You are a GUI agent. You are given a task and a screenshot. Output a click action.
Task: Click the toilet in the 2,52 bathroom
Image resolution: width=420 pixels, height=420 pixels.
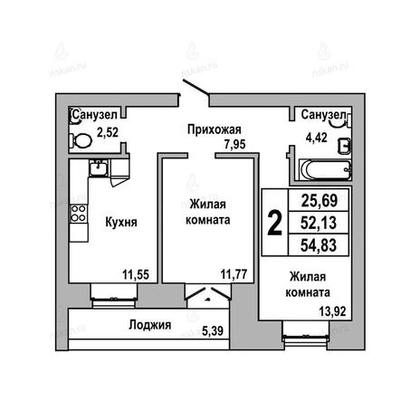click(81, 140)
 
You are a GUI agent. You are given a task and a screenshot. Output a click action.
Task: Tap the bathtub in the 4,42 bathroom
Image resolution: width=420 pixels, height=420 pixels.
click(325, 170)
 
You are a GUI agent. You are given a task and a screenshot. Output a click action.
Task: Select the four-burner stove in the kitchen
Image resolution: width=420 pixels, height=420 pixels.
click(79, 214)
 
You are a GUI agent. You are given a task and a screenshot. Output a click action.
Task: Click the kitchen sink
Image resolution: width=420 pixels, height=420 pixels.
click(99, 167)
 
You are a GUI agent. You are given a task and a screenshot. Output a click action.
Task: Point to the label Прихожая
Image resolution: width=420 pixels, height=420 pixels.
click(215, 130)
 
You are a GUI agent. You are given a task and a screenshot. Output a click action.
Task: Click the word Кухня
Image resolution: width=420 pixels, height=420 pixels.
click(121, 223)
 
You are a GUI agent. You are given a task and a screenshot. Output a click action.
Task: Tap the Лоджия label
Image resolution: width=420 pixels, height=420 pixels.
click(150, 325)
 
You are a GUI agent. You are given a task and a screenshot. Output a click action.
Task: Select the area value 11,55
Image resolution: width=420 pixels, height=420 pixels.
click(136, 275)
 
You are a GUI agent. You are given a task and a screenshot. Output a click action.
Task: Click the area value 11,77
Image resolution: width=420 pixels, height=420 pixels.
click(234, 274)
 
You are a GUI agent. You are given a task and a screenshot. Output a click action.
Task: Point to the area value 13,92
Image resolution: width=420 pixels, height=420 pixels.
click(332, 311)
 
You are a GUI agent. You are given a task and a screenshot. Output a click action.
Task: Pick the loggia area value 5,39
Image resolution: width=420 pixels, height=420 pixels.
click(213, 331)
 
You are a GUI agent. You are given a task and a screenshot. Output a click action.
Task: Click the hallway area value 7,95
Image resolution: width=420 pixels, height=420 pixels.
click(234, 145)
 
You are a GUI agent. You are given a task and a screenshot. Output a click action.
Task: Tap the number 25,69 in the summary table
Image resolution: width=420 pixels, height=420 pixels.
click(320, 200)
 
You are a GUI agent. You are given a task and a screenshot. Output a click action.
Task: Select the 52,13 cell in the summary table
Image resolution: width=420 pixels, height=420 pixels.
click(319, 223)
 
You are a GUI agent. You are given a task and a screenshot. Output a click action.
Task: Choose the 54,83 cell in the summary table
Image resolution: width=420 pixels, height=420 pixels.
click(319, 245)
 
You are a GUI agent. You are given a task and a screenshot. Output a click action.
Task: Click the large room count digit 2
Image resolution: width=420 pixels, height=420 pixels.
click(275, 223)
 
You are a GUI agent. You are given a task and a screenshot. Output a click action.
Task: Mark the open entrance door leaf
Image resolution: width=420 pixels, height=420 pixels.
click(196, 89)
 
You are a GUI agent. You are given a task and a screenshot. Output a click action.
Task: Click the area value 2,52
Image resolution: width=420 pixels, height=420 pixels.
click(108, 132)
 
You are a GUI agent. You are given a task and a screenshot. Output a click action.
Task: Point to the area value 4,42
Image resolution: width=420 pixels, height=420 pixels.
click(316, 138)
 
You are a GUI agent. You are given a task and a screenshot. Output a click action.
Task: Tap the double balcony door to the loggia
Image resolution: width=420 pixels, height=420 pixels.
click(208, 294)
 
